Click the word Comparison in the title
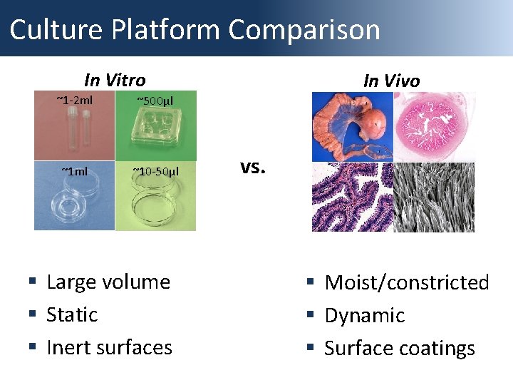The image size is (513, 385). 304,30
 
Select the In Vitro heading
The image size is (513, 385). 115,80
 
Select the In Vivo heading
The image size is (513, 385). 391,81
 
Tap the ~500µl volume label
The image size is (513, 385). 155,100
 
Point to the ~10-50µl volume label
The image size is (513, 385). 155,171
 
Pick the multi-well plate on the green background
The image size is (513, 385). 155,135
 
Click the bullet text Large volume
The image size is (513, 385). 108,282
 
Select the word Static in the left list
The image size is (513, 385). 72,315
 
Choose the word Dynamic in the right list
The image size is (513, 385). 364,316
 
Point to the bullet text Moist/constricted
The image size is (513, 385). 407,283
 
